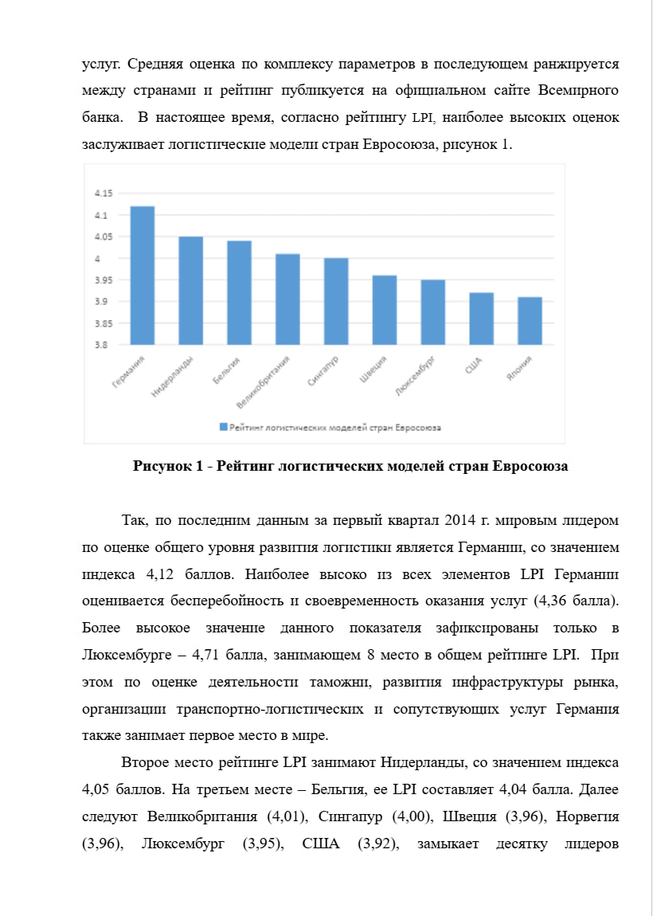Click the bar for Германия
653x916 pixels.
(x=143, y=276)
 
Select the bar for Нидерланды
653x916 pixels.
(x=191, y=291)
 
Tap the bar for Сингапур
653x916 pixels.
(x=336, y=301)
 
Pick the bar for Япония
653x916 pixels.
(x=530, y=321)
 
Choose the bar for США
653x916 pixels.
(x=481, y=319)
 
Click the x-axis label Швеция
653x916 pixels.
(x=373, y=370)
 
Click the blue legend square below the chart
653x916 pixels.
(x=223, y=428)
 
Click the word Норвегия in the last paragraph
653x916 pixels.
(x=587, y=817)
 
